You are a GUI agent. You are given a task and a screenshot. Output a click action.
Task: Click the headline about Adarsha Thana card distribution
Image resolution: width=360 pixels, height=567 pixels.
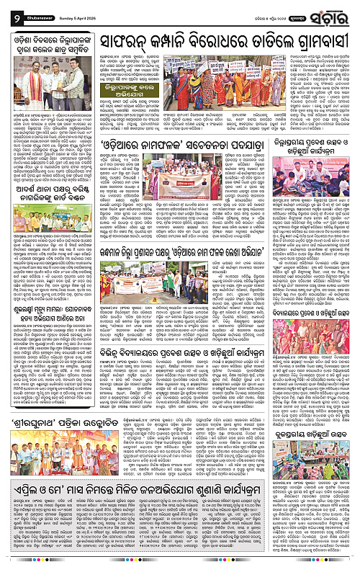point(46,177)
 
